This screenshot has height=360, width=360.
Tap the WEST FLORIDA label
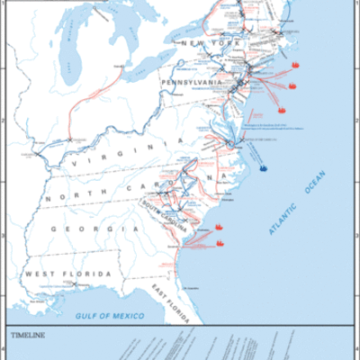[68, 273]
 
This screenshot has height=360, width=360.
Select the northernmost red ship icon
[295, 66]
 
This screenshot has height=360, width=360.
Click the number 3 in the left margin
[4, 237]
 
